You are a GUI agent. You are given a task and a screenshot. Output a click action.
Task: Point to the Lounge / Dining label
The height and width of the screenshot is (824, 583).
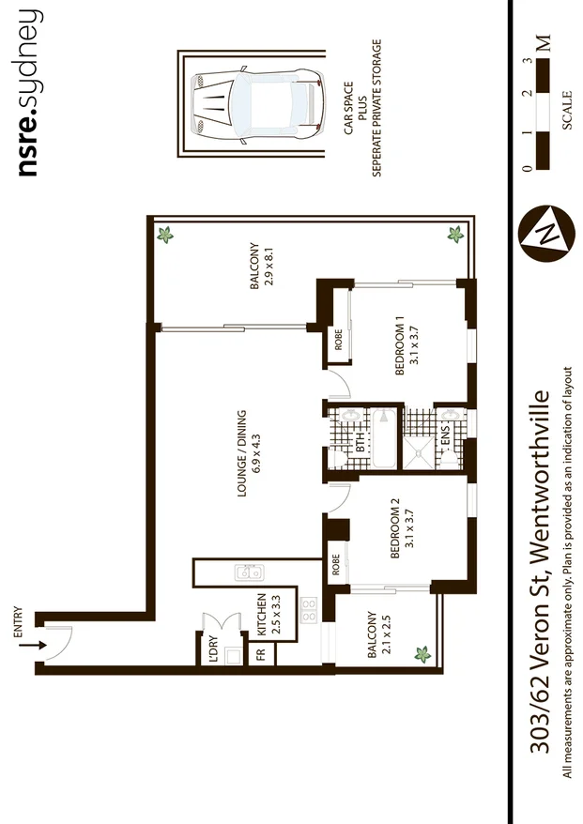(x=248, y=452)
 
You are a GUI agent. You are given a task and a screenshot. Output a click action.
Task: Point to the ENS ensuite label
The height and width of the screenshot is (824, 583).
(x=446, y=437)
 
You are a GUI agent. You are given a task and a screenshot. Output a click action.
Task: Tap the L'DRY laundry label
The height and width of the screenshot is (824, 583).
(x=212, y=652)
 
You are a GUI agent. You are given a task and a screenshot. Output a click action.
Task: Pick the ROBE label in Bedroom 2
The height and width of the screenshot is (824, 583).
(x=335, y=567)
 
